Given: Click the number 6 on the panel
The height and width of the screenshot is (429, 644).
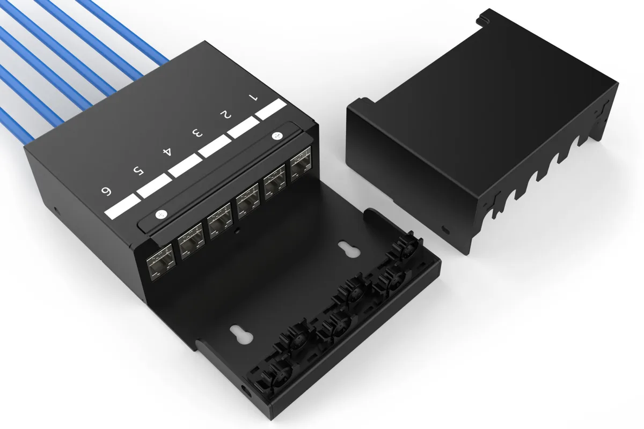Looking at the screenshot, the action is click(x=106, y=191).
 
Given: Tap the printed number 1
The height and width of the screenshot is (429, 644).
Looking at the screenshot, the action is click(x=253, y=98).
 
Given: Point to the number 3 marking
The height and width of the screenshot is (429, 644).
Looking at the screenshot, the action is click(x=197, y=133).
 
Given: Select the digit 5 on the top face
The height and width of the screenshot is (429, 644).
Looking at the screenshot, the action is click(x=138, y=171).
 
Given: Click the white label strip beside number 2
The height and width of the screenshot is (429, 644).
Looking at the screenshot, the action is click(x=243, y=127).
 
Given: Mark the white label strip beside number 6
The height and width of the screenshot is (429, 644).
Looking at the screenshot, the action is click(x=122, y=206).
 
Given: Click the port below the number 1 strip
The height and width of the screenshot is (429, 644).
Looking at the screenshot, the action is click(x=301, y=164).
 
